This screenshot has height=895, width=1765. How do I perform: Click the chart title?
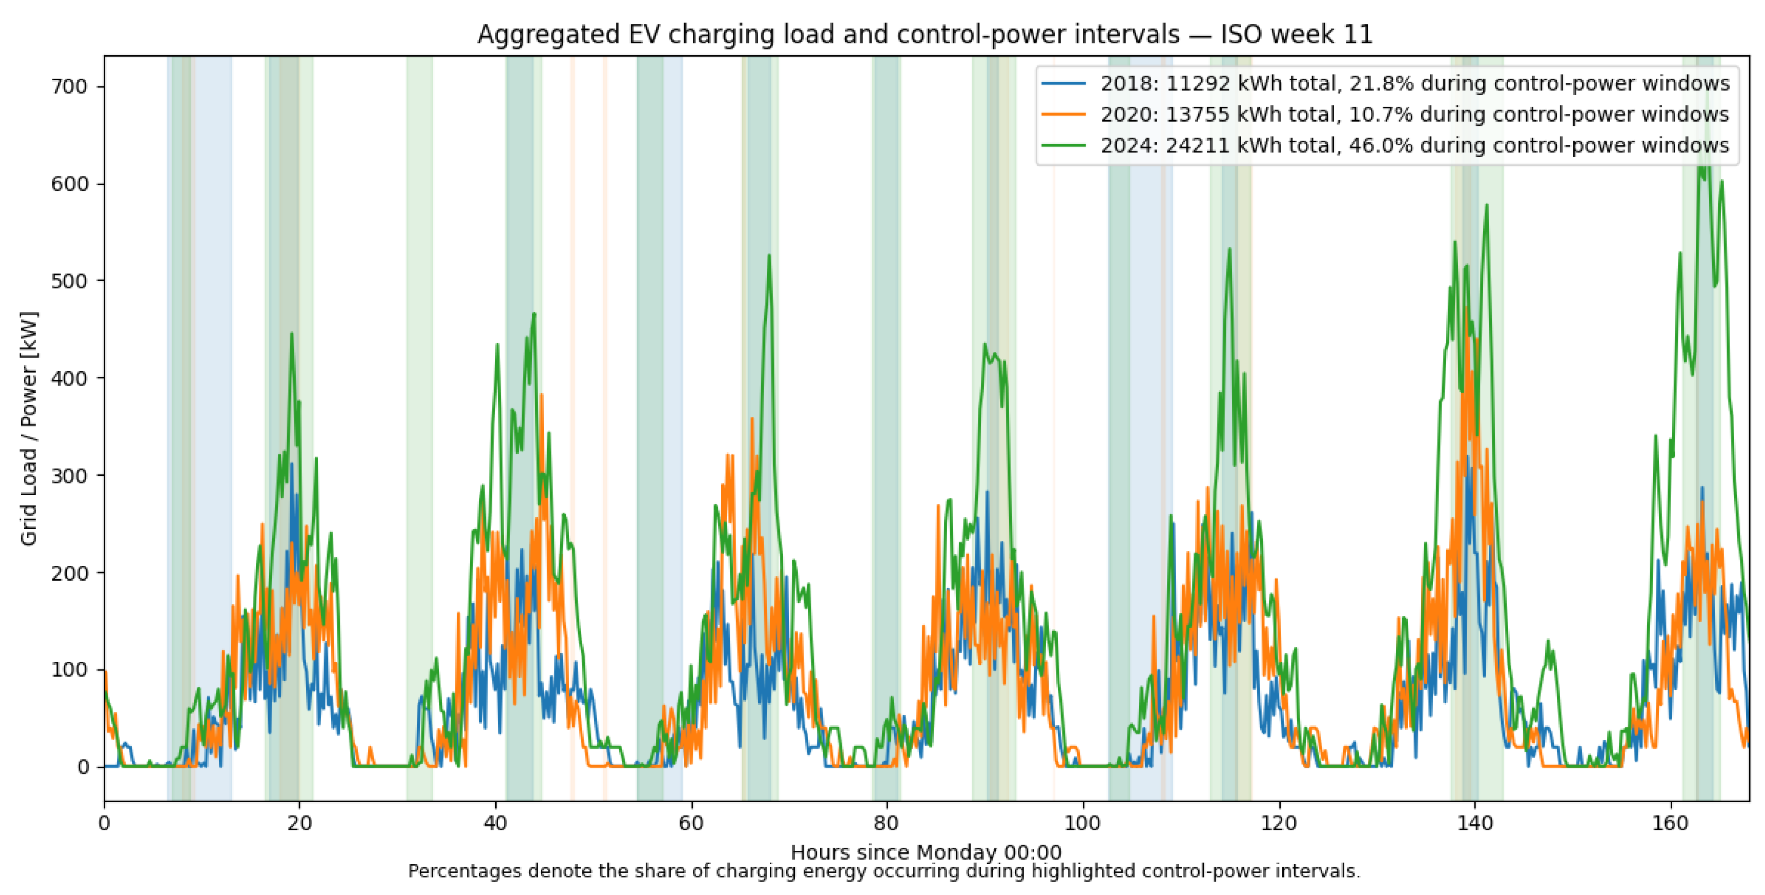pyautogui.click(x=925, y=34)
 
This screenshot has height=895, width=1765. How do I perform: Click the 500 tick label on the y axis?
pyautogui.click(x=69, y=282)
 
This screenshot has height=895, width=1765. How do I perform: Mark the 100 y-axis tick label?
pyautogui.click(x=69, y=671)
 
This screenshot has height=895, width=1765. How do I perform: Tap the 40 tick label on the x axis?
pyautogui.click(x=495, y=822)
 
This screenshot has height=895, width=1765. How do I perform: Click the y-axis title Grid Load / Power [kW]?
pyautogui.click(x=29, y=429)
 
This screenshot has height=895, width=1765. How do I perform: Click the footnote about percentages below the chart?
pyautogui.click(x=884, y=872)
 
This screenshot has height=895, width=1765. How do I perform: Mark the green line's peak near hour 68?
pyautogui.click(x=769, y=255)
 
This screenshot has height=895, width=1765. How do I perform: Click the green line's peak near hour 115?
pyautogui.click(x=1230, y=249)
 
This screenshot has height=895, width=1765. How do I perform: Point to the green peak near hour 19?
pyautogui.click(x=291, y=334)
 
